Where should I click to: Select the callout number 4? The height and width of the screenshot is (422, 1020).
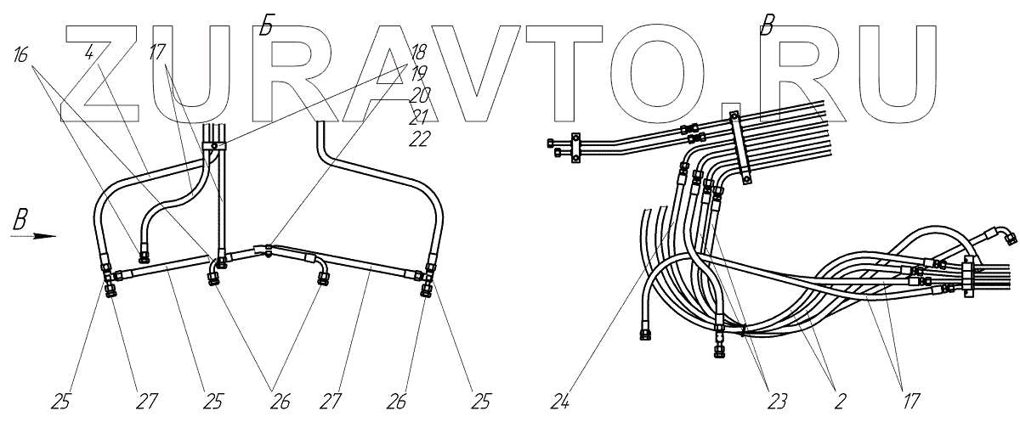[x=90, y=53]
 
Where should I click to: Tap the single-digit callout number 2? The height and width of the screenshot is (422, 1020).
[x=840, y=397]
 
